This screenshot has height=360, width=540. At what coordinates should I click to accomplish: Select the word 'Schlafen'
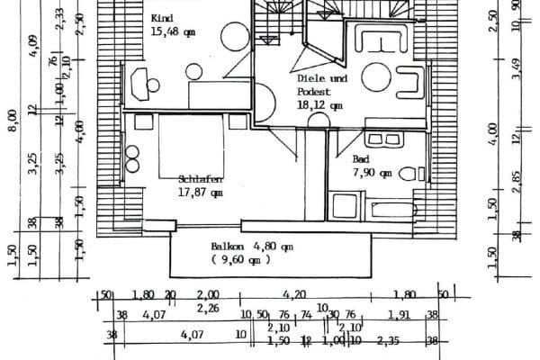tap(201, 178)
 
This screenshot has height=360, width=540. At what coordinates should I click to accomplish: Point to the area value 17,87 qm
tap(201, 192)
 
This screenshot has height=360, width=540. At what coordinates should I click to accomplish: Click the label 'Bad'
tap(361, 158)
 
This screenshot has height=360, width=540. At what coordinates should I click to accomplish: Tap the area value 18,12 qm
tap(319, 104)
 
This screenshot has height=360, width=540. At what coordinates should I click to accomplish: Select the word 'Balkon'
tap(228, 246)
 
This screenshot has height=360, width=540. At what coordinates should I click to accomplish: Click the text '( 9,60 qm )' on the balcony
tap(241, 260)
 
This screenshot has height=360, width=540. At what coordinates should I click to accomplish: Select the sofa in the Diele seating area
tap(382, 41)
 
